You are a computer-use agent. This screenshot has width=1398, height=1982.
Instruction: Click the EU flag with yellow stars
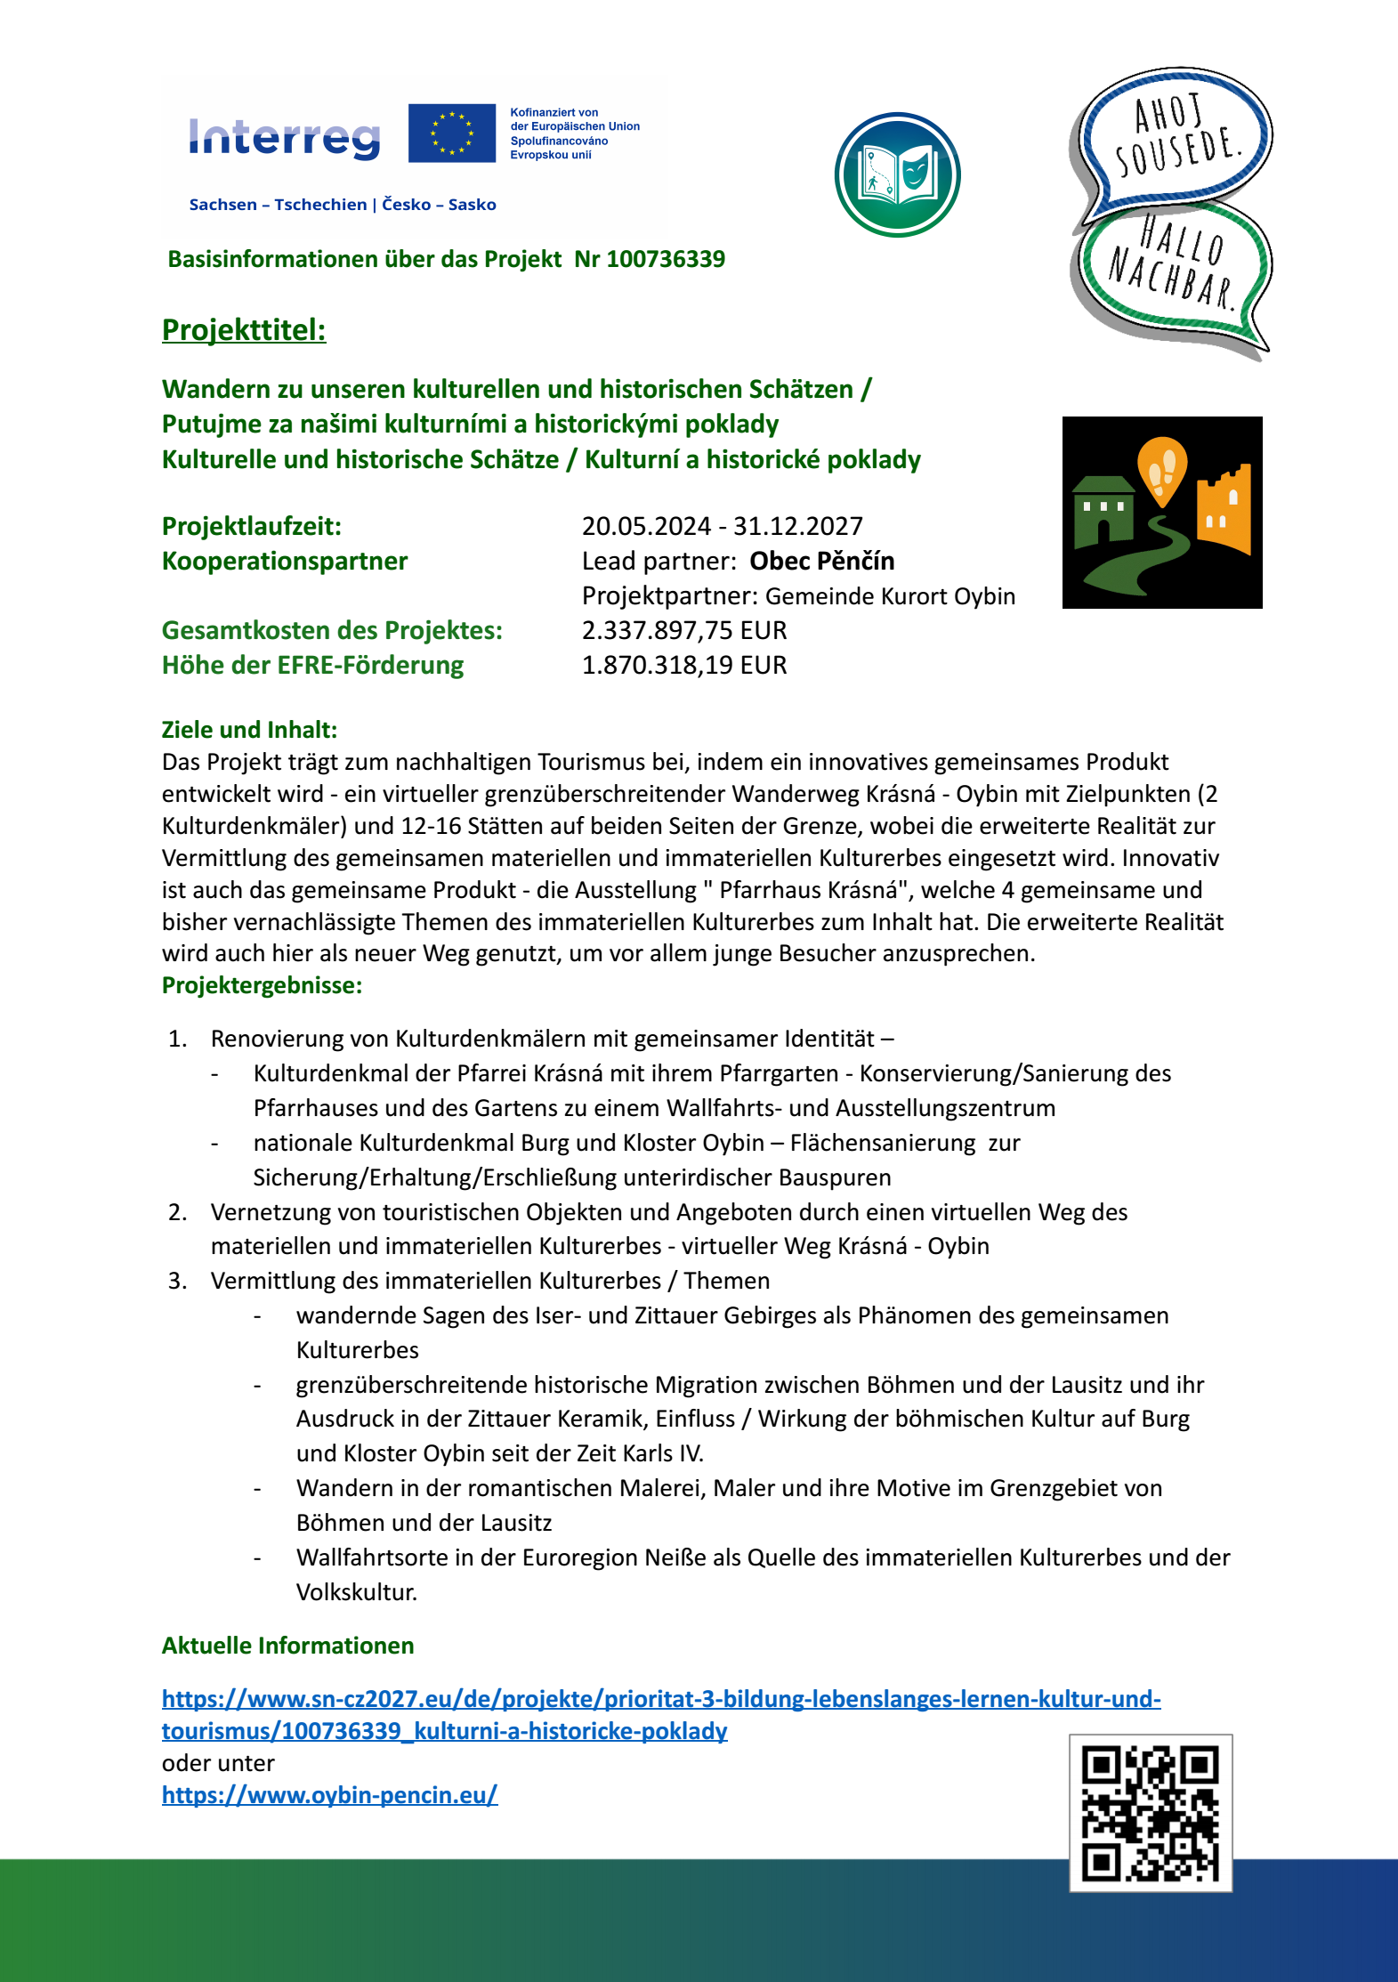(x=451, y=133)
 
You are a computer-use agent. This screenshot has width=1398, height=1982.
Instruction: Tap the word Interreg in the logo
(x=285, y=138)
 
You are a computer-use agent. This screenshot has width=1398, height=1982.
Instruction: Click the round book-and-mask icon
(x=897, y=174)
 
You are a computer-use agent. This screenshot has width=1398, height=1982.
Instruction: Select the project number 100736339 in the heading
(x=666, y=259)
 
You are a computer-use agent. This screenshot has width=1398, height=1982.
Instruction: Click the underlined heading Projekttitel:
(x=244, y=330)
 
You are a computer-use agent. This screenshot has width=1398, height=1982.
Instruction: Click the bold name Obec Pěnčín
(x=821, y=561)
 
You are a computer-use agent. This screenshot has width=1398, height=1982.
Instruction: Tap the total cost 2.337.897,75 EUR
(x=684, y=630)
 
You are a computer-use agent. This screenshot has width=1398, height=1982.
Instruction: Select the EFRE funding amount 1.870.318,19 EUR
(x=684, y=665)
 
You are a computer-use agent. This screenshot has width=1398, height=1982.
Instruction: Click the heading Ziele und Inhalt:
(x=249, y=730)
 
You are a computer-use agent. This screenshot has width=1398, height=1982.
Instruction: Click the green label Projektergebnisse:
(x=262, y=985)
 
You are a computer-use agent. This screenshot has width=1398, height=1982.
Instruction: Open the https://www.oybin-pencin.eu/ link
(x=329, y=1794)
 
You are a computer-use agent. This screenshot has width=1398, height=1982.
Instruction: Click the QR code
(x=1150, y=1812)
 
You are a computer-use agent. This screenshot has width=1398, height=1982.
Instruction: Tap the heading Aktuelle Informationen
(x=287, y=1645)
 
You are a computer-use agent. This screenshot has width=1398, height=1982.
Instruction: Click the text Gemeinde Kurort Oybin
(x=890, y=596)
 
